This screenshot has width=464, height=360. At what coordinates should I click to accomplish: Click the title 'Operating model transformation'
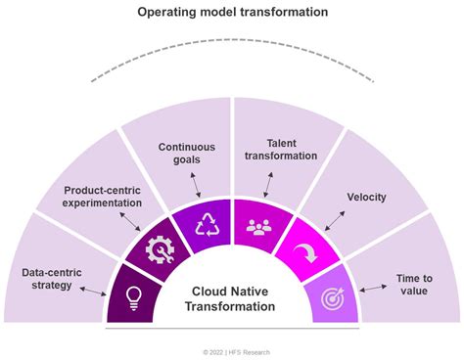coord(232,13)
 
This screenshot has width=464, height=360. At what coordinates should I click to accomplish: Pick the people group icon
coord(258,228)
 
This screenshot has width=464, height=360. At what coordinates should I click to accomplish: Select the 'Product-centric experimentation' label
coord(103,196)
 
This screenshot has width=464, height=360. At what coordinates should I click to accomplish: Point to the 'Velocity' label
coord(366,197)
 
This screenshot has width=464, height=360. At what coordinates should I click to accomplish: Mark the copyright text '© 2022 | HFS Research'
coord(232,351)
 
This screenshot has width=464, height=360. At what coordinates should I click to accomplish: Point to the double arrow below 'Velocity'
coord(331,220)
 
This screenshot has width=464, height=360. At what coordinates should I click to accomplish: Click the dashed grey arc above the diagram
coord(232,46)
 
